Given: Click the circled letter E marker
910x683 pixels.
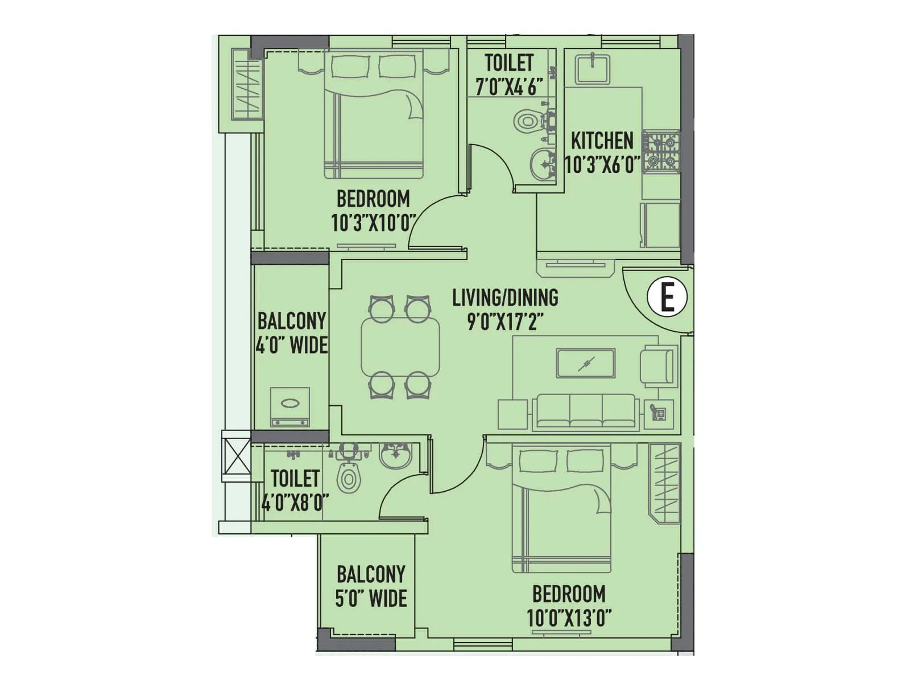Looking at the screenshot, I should [667, 297].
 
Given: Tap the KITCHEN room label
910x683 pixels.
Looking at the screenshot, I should [602, 141].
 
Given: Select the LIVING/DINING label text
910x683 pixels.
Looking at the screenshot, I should [505, 298].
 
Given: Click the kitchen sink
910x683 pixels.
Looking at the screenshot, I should [592, 69].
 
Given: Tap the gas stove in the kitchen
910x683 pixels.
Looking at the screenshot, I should [661, 151].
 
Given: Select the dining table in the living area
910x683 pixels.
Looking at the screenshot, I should [400, 347].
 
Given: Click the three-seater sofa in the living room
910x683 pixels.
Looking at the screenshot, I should [584, 410].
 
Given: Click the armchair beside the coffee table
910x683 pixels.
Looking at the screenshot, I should [658, 367].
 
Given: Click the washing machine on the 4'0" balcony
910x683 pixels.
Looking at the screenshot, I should [290, 406].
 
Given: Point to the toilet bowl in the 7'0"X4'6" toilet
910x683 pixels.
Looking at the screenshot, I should [527, 121].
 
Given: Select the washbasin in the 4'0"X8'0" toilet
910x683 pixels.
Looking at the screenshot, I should [395, 456].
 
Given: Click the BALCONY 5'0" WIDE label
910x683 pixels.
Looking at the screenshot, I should [371, 586].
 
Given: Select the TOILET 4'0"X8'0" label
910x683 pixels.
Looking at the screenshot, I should [295, 490].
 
